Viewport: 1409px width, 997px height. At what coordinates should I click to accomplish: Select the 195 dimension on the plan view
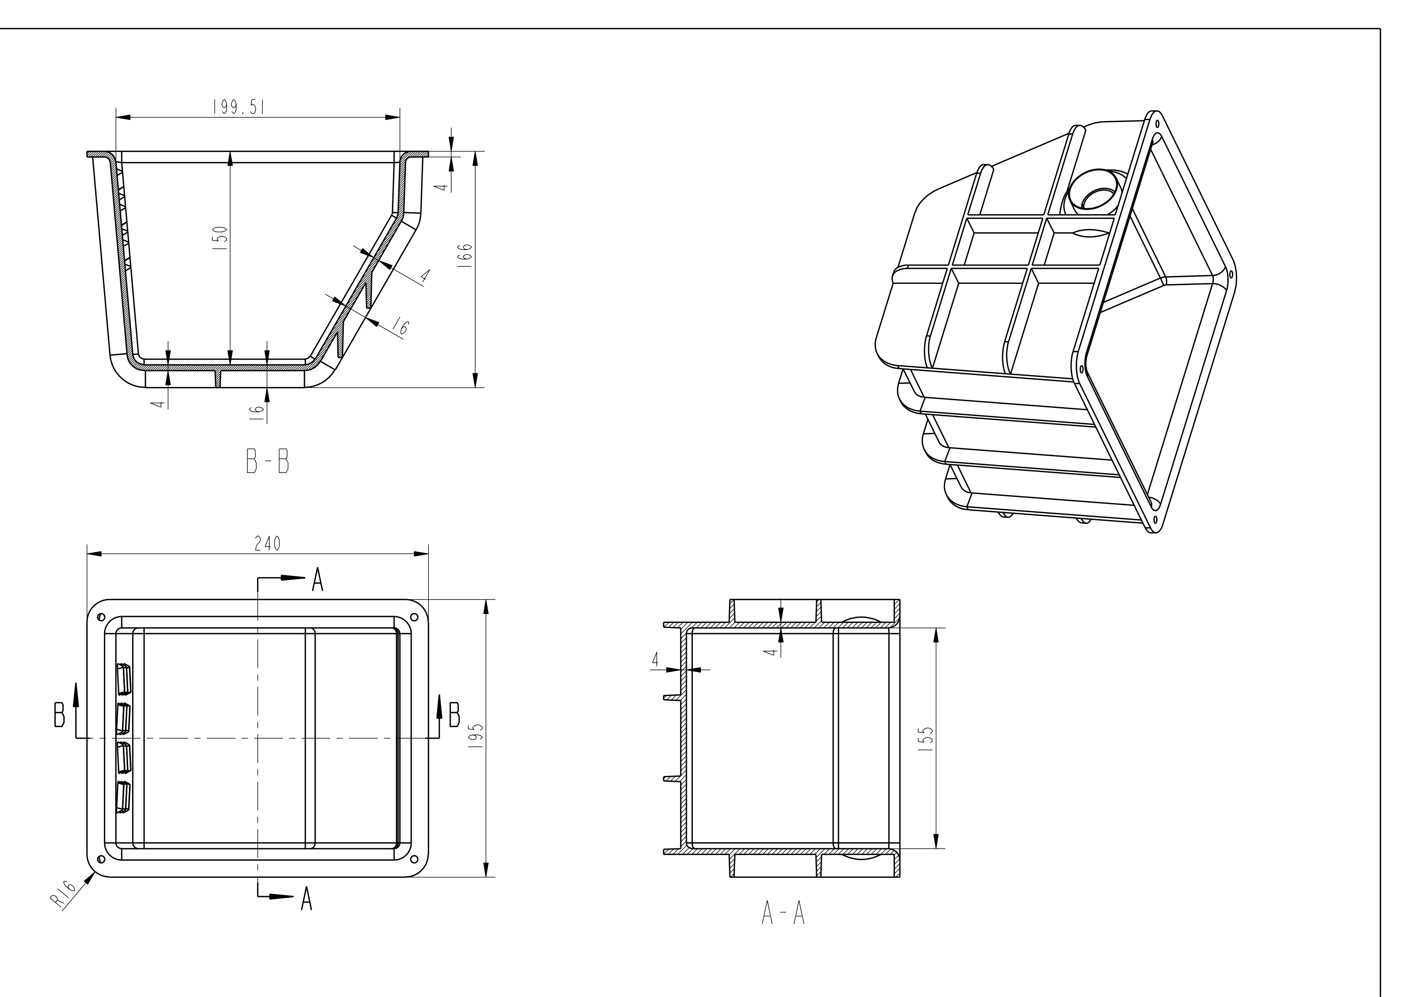pyautogui.click(x=479, y=735)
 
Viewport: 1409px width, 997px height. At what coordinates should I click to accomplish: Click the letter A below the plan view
pyautogui.click(x=306, y=900)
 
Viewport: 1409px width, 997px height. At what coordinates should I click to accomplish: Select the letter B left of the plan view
pyautogui.click(x=59, y=716)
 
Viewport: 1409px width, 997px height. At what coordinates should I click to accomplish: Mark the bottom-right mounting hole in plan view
pyautogui.click(x=414, y=858)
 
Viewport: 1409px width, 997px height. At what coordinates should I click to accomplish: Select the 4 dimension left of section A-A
pyautogui.click(x=655, y=660)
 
